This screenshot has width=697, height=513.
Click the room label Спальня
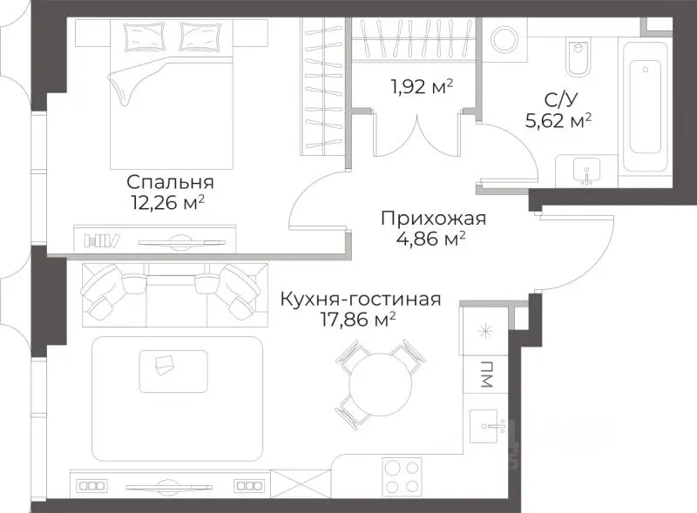point(170,183)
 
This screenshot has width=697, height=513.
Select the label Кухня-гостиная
point(360,299)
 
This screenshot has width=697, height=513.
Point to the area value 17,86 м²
point(360,319)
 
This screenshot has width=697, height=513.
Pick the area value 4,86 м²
point(423,237)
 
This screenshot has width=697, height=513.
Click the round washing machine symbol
point(504,39)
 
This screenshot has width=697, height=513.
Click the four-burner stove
point(403,476)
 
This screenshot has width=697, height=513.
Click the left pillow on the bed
point(140,37)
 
